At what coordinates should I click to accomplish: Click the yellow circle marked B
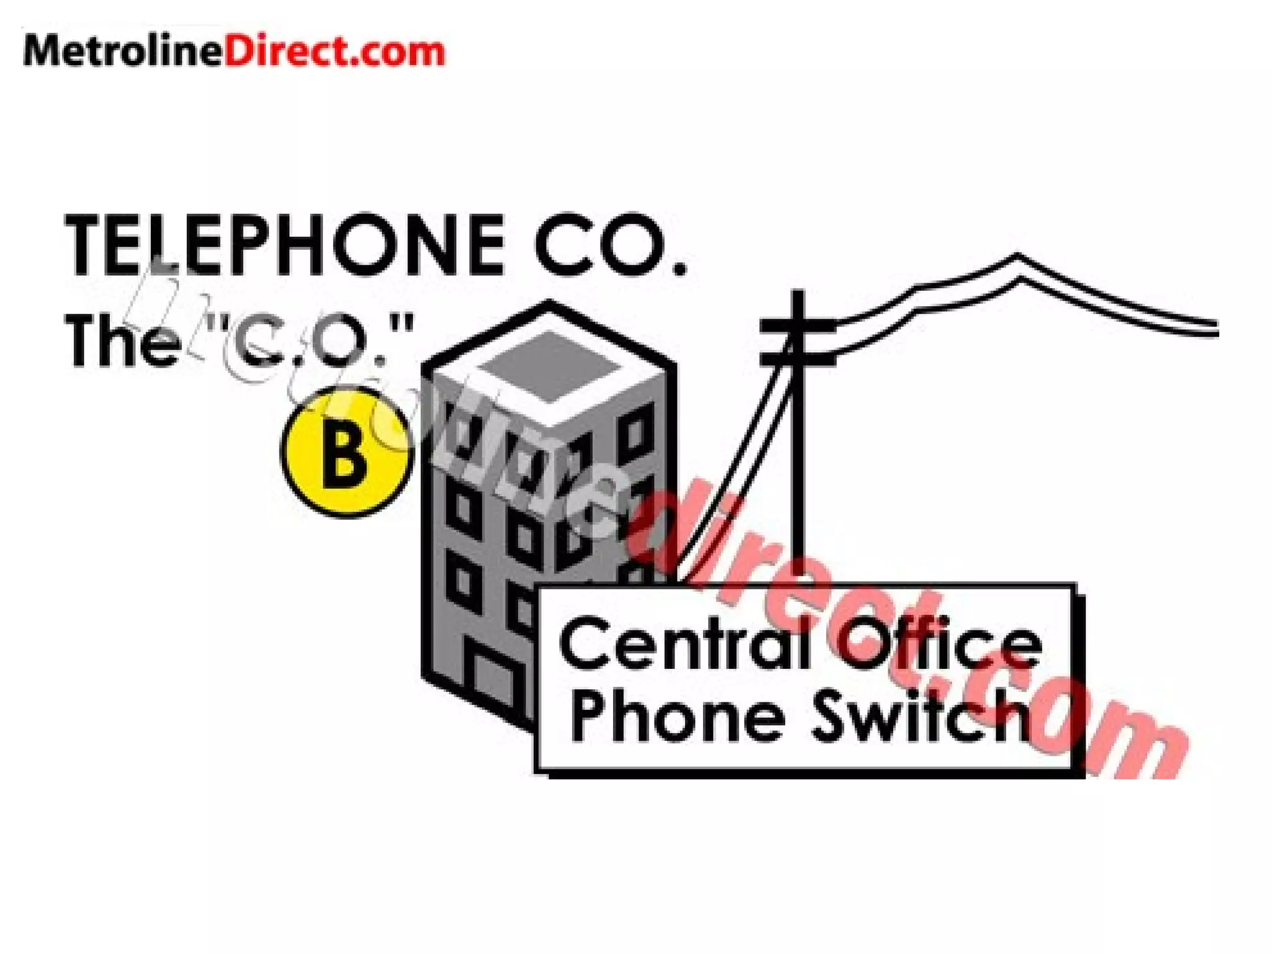pos(345,453)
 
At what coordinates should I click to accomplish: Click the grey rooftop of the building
pos(549,366)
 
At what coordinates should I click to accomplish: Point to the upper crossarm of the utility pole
pos(797,325)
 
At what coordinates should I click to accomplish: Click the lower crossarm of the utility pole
pos(797,358)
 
